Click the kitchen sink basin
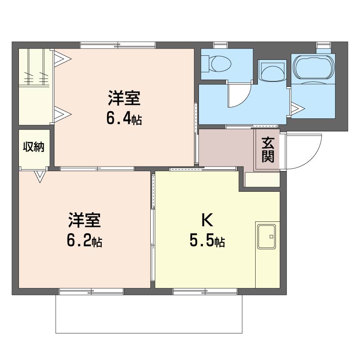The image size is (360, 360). [x=266, y=237]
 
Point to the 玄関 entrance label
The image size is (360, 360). [x=268, y=150]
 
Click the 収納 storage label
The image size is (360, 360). [x=34, y=147]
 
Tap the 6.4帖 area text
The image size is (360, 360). [x=124, y=119]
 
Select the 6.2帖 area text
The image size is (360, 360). [x=85, y=241]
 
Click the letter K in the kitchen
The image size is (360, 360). [x=207, y=220]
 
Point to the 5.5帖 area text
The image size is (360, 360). [x=207, y=241]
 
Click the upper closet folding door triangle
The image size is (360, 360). [x=62, y=59]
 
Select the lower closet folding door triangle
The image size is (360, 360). [x=62, y=114]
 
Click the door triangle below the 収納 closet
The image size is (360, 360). [x=40, y=176]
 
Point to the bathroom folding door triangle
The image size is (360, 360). [x=297, y=108]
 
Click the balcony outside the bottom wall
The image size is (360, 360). [x=149, y=314]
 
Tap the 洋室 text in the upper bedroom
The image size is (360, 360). [x=124, y=98]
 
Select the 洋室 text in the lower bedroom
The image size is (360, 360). [x=85, y=220]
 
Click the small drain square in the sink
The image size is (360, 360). [x=271, y=237]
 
